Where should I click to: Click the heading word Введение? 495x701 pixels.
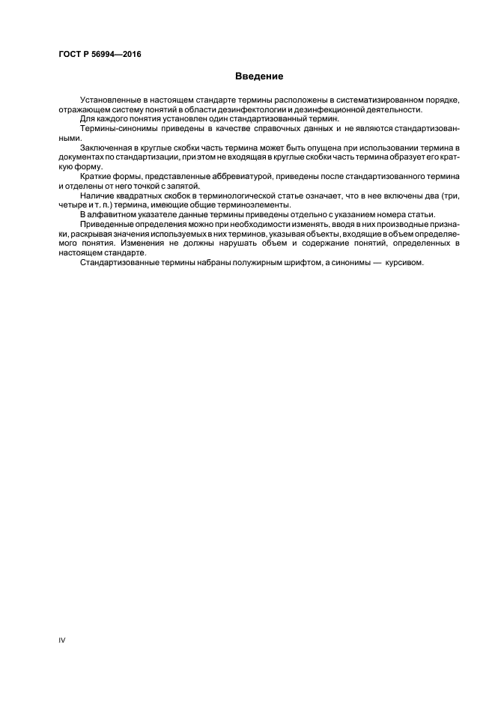click(258, 76)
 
